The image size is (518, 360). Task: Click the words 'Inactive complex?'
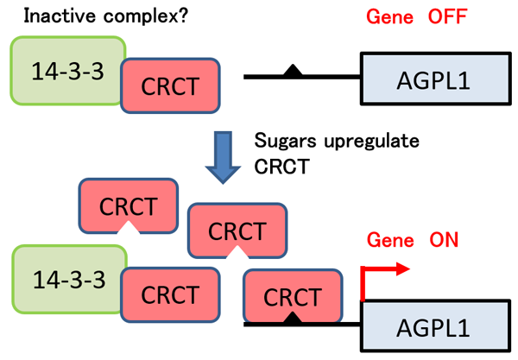tap(105, 16)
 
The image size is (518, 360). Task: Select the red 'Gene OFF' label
tap(417, 16)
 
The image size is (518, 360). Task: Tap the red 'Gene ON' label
tap(413, 240)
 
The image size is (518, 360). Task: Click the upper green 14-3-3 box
tap(67, 71)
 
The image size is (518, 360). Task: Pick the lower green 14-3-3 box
tap(69, 280)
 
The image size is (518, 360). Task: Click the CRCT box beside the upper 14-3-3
tap(170, 85)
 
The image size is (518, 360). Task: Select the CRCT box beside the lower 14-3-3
tap(170, 294)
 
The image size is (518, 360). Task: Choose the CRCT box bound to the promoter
tap(293, 295)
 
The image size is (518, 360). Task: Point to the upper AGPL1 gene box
tap(435, 79)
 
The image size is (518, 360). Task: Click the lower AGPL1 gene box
tap(435, 326)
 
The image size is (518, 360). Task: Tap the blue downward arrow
tap(223, 157)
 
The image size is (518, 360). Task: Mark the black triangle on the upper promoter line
tap(293, 72)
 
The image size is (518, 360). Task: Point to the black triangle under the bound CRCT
tap(293, 318)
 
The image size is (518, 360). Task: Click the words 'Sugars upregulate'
tap(337, 141)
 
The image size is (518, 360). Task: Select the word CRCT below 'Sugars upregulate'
tap(281, 166)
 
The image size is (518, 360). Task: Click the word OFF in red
tap(447, 16)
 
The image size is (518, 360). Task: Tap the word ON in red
tap(444, 240)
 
